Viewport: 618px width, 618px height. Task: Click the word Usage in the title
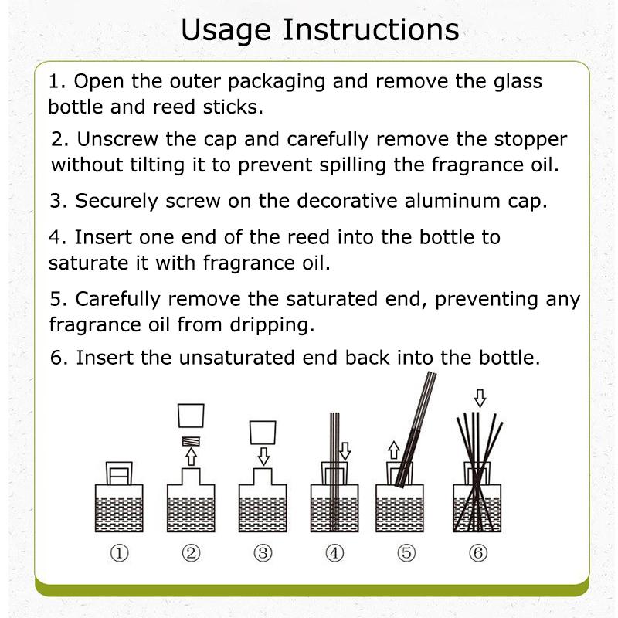click(226, 31)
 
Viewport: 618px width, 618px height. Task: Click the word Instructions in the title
click(371, 29)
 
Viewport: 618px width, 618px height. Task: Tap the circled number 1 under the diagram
click(119, 553)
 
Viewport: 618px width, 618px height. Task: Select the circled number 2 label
click(191, 553)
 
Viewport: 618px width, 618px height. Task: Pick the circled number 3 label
click(263, 553)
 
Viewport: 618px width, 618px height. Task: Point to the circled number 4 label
click(334, 553)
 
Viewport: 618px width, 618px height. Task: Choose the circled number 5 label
click(406, 553)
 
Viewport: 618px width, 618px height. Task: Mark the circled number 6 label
click(478, 553)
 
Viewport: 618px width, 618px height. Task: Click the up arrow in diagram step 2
click(191, 457)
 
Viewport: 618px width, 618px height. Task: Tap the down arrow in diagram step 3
click(263, 457)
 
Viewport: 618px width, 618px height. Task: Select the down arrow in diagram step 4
click(345, 451)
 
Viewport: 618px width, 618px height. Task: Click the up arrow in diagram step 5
click(394, 450)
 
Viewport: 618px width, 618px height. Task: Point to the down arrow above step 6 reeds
click(480, 398)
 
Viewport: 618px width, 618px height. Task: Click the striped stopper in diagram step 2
click(191, 441)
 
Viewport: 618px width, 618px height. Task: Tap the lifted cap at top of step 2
click(191, 416)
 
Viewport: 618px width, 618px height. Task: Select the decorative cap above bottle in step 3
click(263, 433)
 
